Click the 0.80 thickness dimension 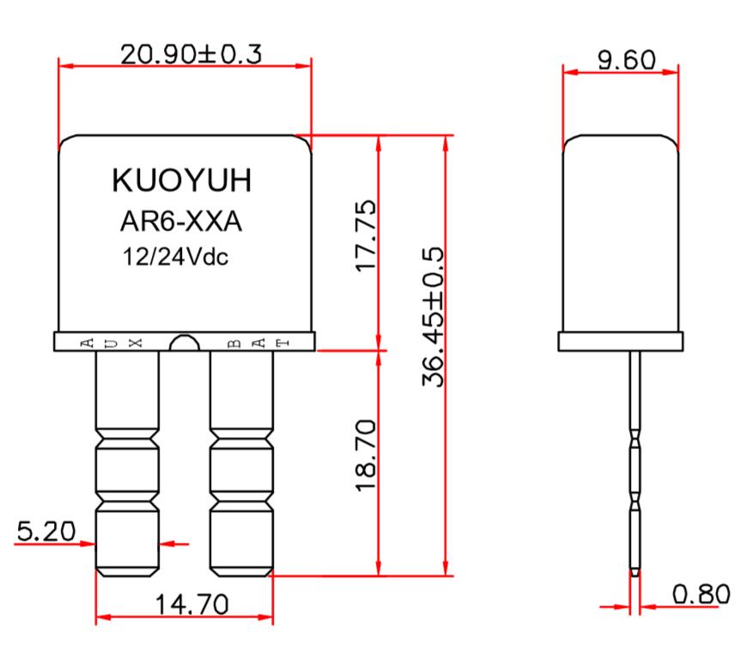coord(701,593)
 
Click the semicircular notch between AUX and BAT coord(183,344)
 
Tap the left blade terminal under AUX coord(127,464)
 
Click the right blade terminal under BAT coord(241,464)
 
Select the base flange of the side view coord(620,342)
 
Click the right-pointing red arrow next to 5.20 coord(86,543)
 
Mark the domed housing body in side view coord(620,232)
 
